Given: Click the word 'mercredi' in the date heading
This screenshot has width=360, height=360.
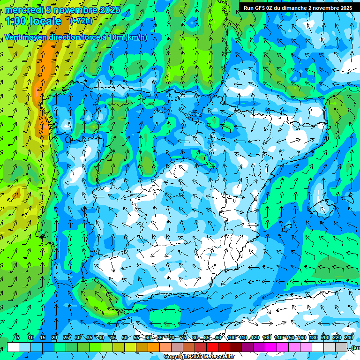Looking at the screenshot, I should [x=23, y=10].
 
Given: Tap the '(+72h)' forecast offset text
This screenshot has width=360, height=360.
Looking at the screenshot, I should [x=81, y=21].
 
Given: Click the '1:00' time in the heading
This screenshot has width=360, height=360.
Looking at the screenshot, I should [x=16, y=21].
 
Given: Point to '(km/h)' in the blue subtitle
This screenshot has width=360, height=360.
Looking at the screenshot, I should [x=136, y=37].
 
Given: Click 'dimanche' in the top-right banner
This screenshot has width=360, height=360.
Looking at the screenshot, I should [x=298, y=8].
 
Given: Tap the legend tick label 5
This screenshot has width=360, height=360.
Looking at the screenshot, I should [x=18, y=337].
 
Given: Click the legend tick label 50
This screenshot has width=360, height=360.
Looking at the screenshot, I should [x=124, y=337].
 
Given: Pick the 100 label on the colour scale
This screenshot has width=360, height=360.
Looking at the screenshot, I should [x=232, y=337].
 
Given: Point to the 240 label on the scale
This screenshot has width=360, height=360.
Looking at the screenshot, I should [x=349, y=337].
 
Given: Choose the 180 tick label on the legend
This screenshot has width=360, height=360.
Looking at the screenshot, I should [x=313, y=337].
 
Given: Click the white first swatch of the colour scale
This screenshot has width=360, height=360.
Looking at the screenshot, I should [x=13, y=347].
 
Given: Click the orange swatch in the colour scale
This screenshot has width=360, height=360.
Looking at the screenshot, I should [x=154, y=347].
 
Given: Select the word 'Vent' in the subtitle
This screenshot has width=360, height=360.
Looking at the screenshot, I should [x=14, y=37].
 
